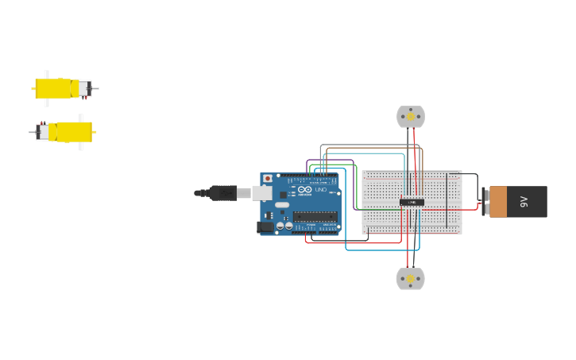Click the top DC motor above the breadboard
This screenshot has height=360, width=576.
coord(411,117)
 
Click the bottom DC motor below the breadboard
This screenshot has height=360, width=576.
coord(411,279)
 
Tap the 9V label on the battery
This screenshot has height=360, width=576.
coord(524,202)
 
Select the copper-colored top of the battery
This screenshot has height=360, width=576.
coord(498,202)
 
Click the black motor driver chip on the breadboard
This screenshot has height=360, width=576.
coord(412,202)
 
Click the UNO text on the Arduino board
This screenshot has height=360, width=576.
coord(321,190)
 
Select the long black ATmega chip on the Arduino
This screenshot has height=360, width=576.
coord(315,216)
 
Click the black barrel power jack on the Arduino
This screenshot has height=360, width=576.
coord(265,226)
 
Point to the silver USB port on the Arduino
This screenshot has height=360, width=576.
coord(262,192)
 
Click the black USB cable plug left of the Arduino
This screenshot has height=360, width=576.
coord(223,192)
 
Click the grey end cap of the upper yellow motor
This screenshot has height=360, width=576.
coord(84,88)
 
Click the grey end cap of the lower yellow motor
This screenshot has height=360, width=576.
coord(42,132)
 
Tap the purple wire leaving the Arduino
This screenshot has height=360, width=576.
coord(330,161)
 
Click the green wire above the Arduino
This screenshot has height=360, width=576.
coord(334,165)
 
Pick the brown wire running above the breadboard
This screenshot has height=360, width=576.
coord(373,145)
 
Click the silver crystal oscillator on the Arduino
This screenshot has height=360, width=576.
coord(283,205)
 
